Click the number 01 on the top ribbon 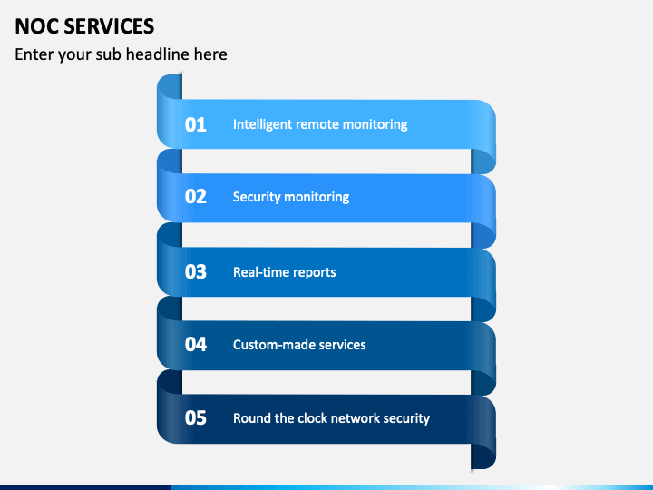[x=196, y=124]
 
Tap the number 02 [x=196, y=197]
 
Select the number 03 [x=196, y=272]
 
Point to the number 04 [x=196, y=345]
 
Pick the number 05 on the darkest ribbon [x=196, y=418]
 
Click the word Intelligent [x=262, y=124]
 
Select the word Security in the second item [x=257, y=197]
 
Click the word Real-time [x=260, y=272]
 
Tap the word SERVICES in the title [x=108, y=26]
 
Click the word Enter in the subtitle [x=34, y=54]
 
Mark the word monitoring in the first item [x=375, y=124]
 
